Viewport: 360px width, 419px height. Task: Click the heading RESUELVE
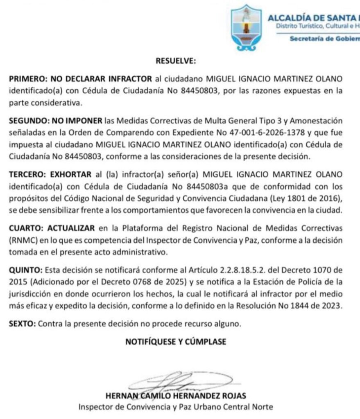[176, 61]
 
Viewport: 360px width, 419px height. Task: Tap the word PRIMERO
[27, 79]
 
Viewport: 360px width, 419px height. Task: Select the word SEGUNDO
[28, 121]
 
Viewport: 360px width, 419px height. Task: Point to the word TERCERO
[27, 174]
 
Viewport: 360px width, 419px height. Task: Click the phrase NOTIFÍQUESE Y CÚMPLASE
[176, 342]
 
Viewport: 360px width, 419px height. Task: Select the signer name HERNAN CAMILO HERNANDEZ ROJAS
[176, 396]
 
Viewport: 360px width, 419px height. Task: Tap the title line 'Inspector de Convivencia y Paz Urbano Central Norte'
[176, 407]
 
